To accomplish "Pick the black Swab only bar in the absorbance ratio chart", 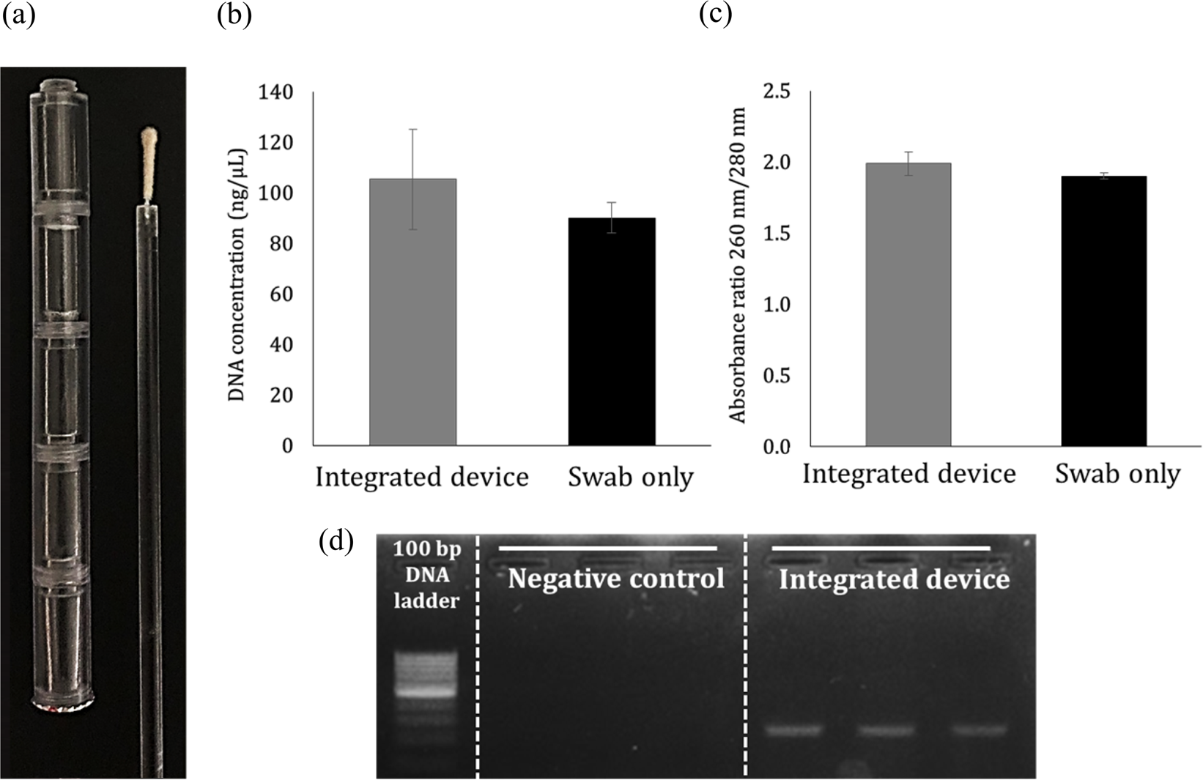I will tap(1103, 311).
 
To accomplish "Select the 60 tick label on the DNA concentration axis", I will tap(281, 294).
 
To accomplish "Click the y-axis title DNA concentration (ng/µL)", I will tap(237, 274).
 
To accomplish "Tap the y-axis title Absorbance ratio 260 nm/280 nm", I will tap(737, 265).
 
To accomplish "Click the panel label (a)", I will tap(18, 15).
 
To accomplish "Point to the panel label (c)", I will tap(715, 15).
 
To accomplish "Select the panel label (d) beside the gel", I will tap(337, 541).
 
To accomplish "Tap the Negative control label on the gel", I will tap(615, 579).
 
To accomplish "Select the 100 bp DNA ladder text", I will tap(426, 575).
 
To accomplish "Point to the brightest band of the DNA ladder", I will tap(426, 690).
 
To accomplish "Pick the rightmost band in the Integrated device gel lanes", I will tap(979, 729).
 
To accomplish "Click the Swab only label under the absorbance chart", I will tap(1117, 475).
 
